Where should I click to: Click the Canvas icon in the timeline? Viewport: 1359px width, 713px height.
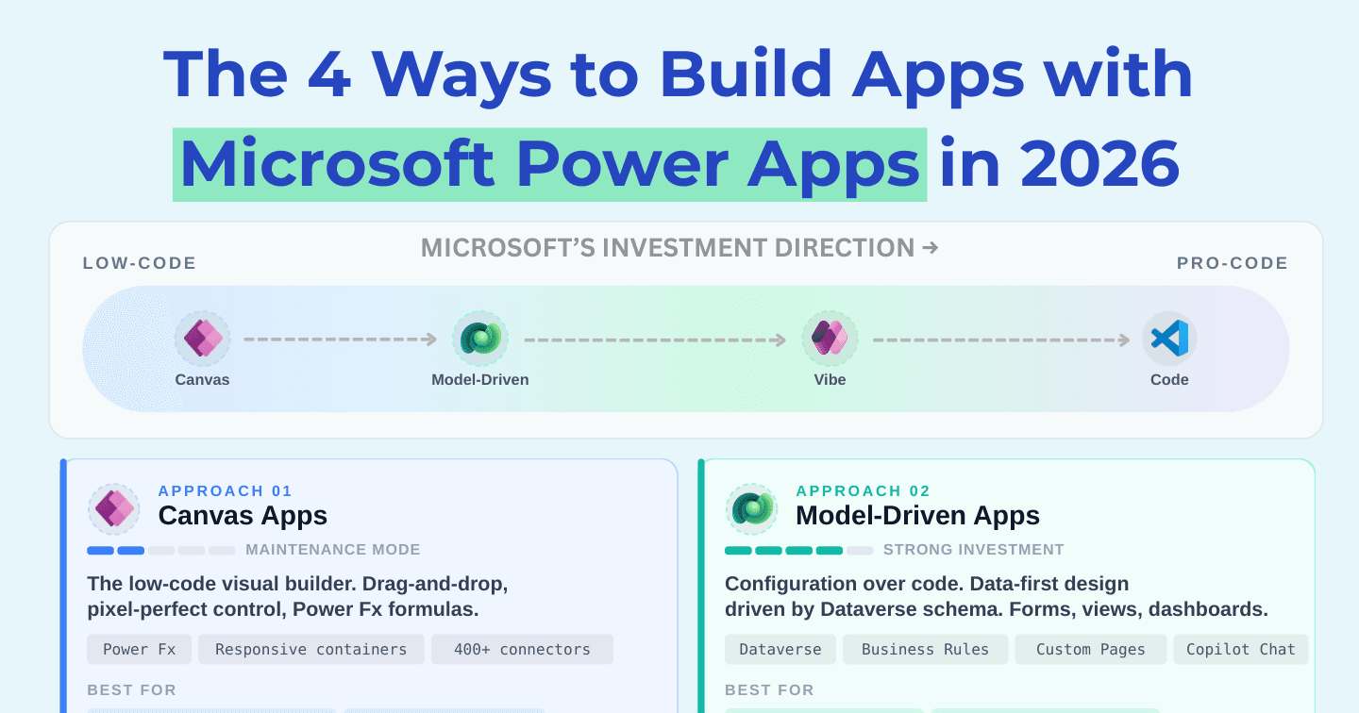(x=203, y=339)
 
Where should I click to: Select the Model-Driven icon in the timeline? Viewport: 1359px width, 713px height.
(x=479, y=339)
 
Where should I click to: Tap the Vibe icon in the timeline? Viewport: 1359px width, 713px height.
(x=830, y=339)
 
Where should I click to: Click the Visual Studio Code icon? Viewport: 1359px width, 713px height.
(x=1169, y=339)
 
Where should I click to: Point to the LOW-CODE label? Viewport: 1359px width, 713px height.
(x=140, y=263)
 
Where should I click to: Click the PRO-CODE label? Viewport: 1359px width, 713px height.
(x=1233, y=263)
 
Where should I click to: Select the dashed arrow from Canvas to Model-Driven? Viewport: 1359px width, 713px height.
(x=341, y=339)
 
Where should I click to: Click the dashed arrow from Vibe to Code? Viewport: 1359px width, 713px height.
(x=1001, y=340)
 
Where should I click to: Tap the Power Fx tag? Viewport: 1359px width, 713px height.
(x=139, y=649)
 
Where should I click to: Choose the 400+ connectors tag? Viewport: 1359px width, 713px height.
(x=522, y=649)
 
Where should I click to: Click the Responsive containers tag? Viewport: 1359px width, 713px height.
(x=311, y=649)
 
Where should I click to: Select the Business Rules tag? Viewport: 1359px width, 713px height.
(x=925, y=649)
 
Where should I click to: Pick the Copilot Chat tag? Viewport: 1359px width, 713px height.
(x=1241, y=649)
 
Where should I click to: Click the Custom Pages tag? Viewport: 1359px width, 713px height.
(x=1090, y=649)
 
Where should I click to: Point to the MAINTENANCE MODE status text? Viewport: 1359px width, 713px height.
(x=332, y=549)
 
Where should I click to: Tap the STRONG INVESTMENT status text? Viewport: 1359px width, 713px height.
(x=973, y=549)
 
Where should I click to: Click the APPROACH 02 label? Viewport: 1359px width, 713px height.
(x=863, y=490)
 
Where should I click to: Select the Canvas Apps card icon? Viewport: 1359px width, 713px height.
(x=114, y=508)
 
